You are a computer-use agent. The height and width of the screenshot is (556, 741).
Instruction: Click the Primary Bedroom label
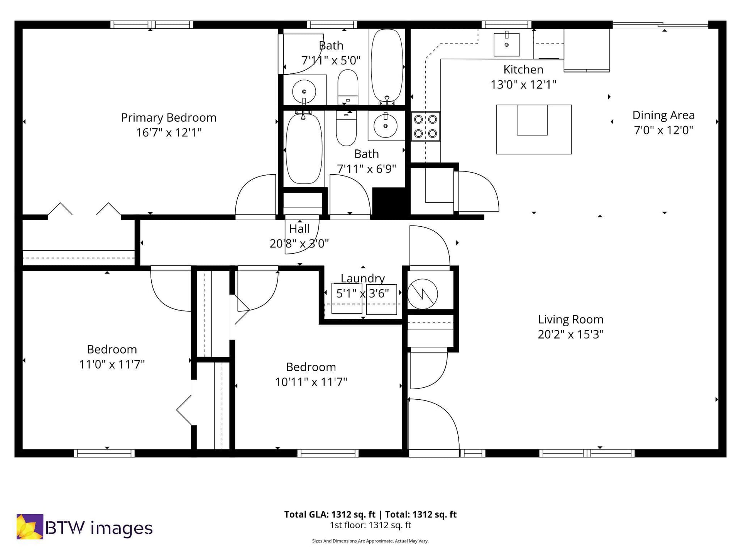[x=169, y=117]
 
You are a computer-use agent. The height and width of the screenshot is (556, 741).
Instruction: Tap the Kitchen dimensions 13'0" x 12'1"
[x=523, y=85]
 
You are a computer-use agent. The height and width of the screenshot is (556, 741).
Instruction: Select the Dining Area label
[x=663, y=115]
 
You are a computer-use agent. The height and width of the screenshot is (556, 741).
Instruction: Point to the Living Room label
[x=570, y=319]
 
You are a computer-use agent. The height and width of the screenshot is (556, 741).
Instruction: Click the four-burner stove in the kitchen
[x=425, y=126]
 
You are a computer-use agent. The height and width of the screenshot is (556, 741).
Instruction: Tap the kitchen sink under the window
[x=507, y=44]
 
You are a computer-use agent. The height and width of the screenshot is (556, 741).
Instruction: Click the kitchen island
[x=534, y=129]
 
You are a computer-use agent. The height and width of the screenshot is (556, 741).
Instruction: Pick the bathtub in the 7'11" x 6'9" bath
[x=304, y=149]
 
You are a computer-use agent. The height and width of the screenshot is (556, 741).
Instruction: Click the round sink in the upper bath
[x=304, y=92]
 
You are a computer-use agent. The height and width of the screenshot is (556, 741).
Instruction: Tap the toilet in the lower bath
[x=346, y=128]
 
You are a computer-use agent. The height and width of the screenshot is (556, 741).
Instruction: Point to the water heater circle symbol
[x=423, y=294]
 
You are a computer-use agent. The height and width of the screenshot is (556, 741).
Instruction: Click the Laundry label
[x=363, y=278]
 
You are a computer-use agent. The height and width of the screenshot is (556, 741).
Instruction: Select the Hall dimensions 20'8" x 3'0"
[x=299, y=244]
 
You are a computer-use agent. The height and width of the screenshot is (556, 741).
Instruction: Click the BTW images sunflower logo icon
[x=30, y=526]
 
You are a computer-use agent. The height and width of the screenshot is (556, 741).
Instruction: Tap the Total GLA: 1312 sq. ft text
[x=330, y=514]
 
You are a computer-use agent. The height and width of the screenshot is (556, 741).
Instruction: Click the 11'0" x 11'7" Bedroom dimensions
[x=112, y=364]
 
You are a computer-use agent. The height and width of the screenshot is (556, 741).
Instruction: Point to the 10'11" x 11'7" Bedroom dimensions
[x=311, y=382]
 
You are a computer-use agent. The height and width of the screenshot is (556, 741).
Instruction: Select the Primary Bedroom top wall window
[x=152, y=25]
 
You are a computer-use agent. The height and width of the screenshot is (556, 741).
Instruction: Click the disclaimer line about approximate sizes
[x=370, y=541]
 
